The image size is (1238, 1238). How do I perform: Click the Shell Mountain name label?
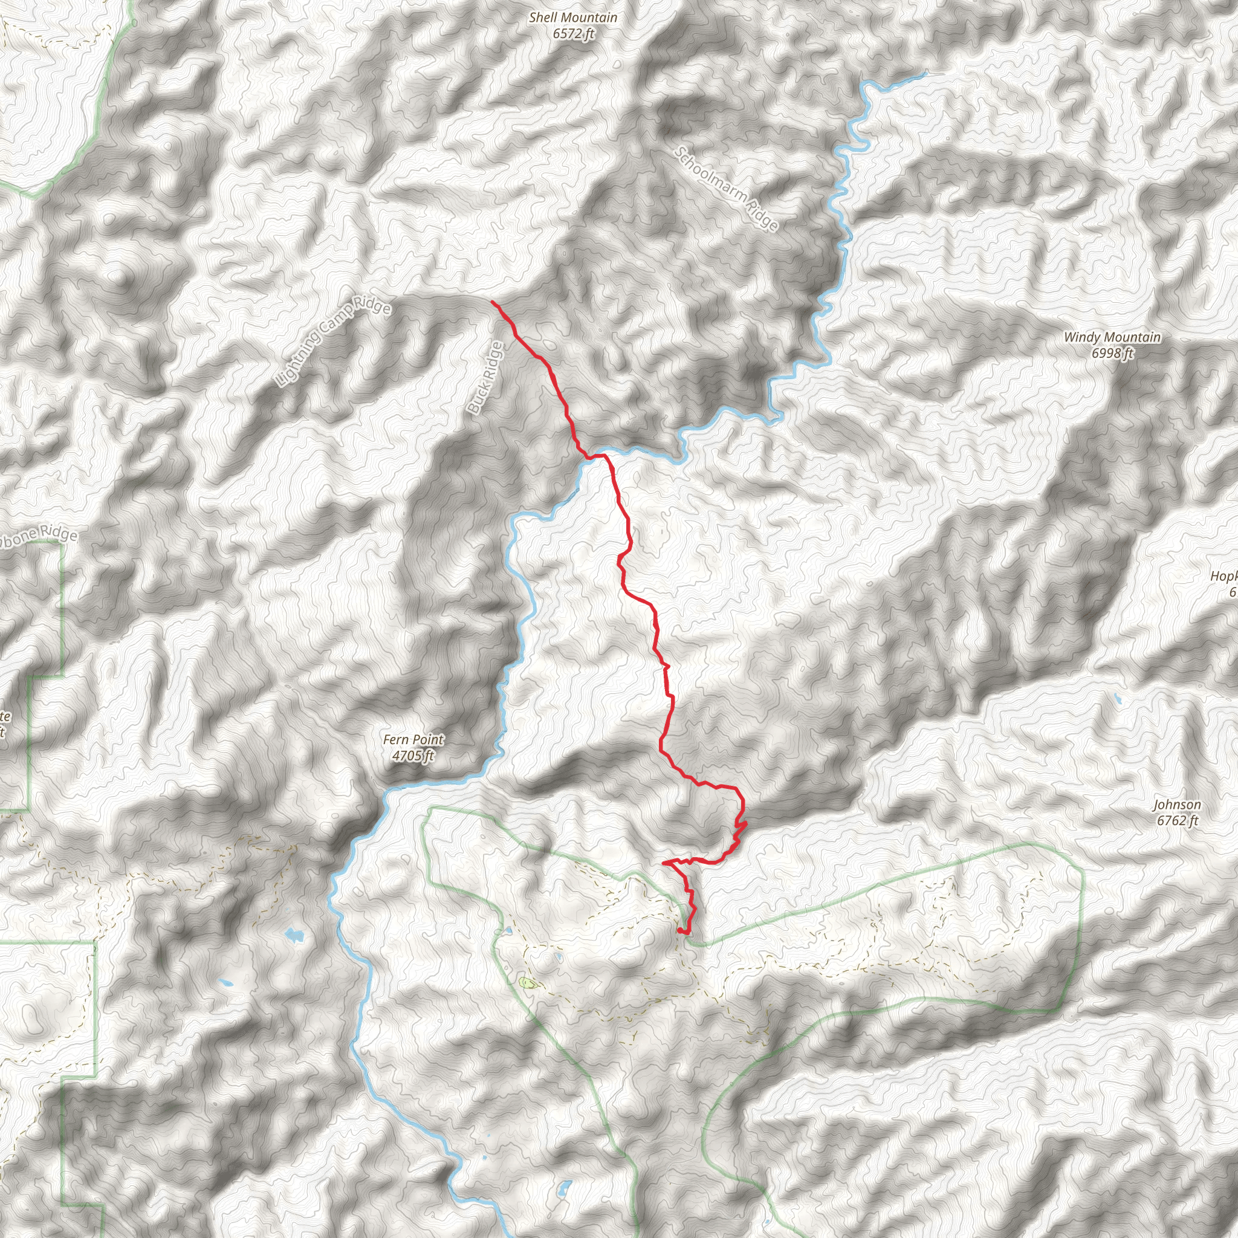(573, 18)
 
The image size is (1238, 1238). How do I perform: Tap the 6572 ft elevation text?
(573, 33)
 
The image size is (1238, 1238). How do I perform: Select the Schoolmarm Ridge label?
(727, 189)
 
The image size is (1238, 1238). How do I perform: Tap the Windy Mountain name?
(1112, 337)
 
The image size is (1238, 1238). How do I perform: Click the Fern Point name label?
(413, 739)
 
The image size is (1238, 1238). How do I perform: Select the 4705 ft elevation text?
(413, 756)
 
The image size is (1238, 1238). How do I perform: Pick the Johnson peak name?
(1177, 804)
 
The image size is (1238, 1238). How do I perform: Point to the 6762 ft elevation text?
(1177, 820)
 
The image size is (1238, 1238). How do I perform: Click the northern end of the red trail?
(492, 301)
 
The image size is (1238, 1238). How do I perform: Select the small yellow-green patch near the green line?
(527, 982)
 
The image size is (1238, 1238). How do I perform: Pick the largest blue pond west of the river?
(293, 935)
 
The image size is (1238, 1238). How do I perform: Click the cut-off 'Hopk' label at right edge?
(1225, 576)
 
